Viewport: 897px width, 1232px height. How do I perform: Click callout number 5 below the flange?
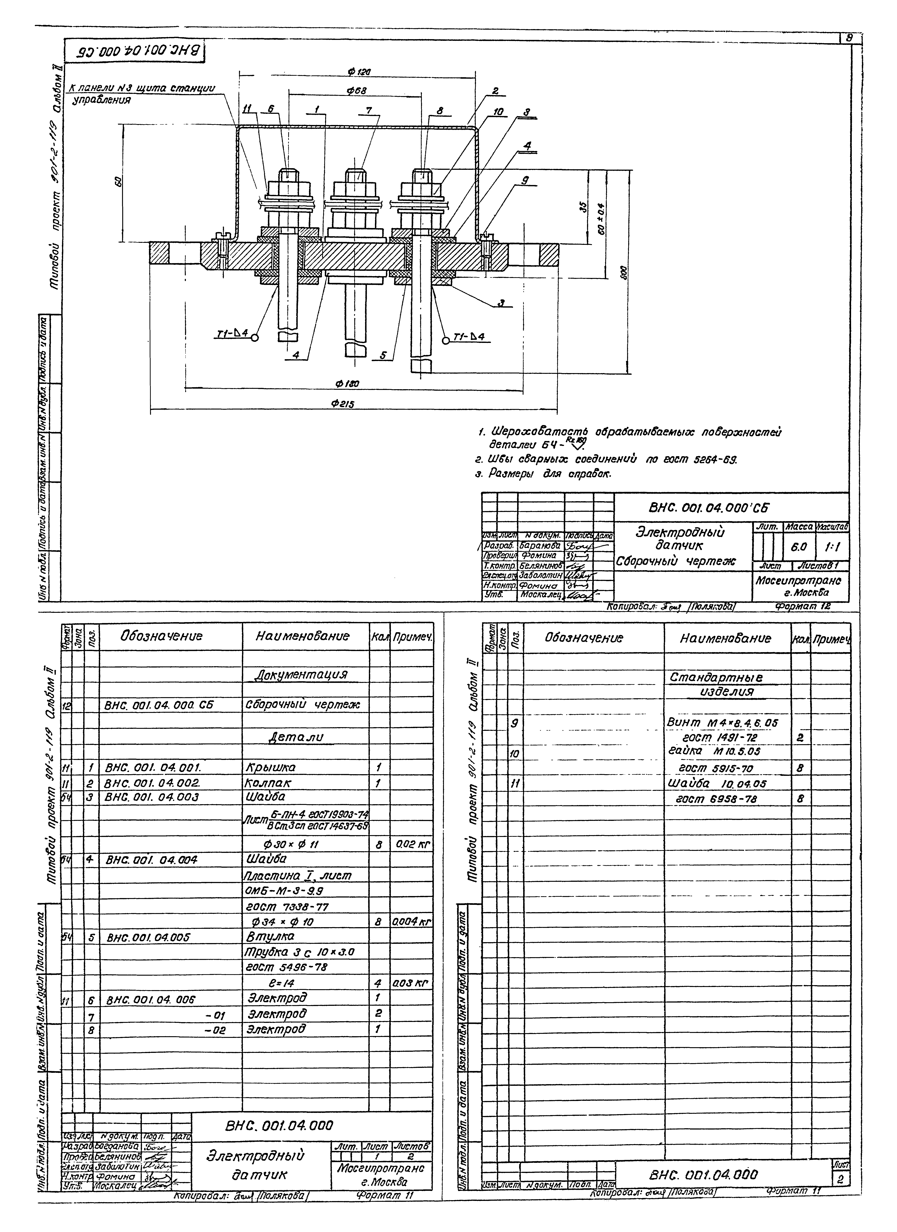383,356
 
